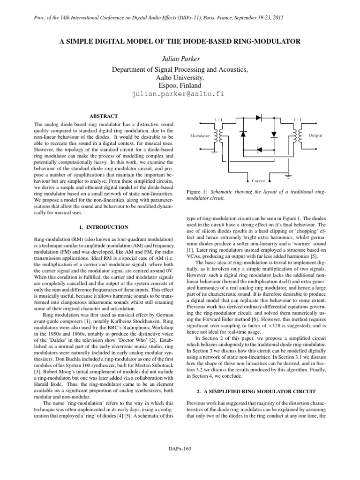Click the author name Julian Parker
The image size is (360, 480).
click(180, 59)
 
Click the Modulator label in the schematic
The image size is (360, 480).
click(200, 135)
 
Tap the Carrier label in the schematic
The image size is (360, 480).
click(258, 180)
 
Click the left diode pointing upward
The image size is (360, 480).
click(242, 134)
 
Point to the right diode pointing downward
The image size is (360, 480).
click(274, 134)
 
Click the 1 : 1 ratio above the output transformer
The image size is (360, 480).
click(297, 120)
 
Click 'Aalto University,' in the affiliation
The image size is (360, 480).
click(180, 78)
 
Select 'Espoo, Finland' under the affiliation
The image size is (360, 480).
click(180, 86)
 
